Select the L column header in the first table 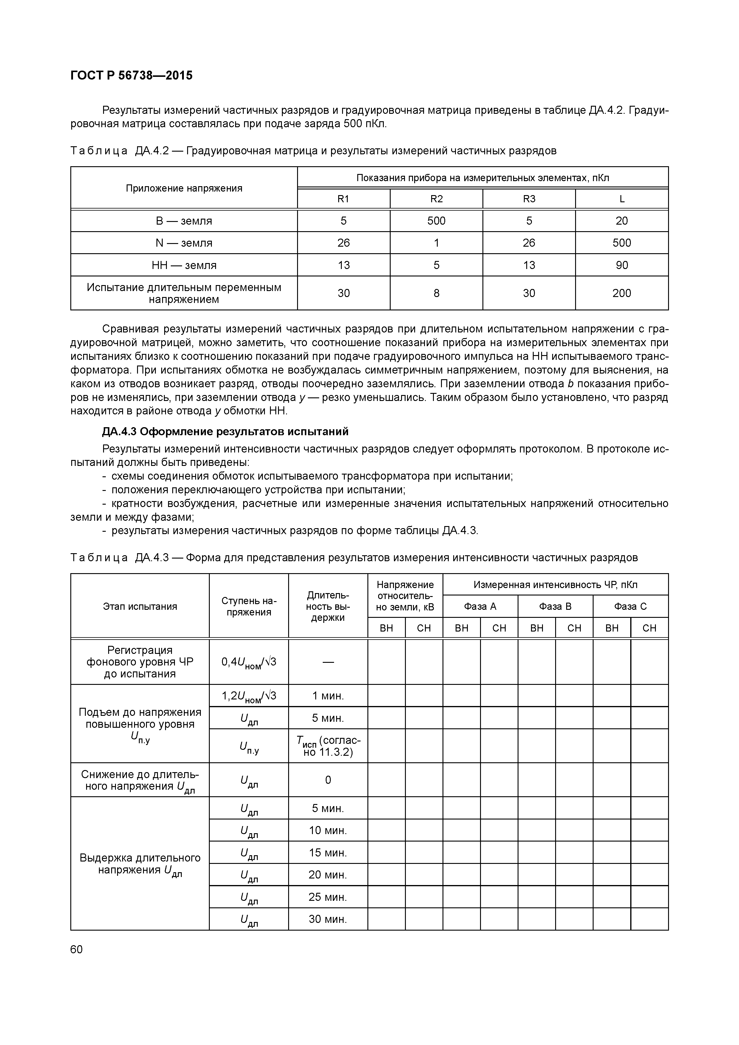pos(622,199)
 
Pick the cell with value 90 pos(622,265)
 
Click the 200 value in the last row pos(622,293)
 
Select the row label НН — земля pos(184,265)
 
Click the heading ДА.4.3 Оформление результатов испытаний pos(225,431)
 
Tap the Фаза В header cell pos(555,606)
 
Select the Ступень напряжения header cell pos(249,606)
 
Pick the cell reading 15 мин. pos(328,853)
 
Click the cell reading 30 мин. pos(328,919)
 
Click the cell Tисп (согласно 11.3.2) pos(328,746)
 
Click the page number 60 pos(77,949)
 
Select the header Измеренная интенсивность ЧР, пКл pos(555,584)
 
